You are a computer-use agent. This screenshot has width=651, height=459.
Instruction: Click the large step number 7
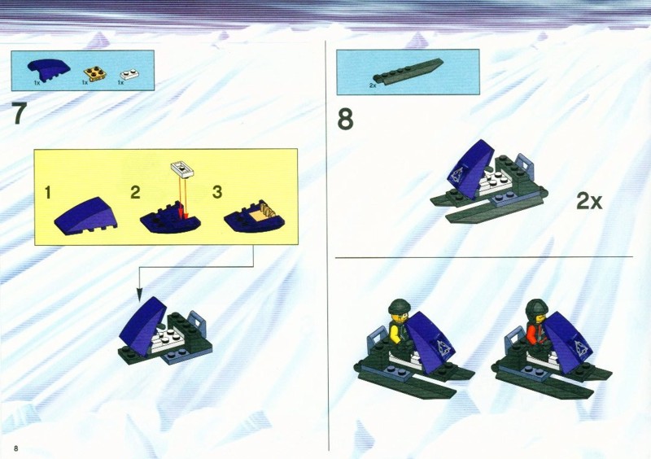click(19, 113)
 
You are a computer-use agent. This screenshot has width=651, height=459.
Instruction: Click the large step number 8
click(345, 119)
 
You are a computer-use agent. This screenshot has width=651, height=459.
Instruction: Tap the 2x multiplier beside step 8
click(589, 201)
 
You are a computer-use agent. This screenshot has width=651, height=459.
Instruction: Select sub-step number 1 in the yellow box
click(48, 192)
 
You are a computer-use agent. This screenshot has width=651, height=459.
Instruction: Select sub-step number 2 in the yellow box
click(135, 192)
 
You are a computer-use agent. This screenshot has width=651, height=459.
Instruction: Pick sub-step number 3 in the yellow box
click(217, 192)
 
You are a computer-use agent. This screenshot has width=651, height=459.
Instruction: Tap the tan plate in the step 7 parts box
click(94, 73)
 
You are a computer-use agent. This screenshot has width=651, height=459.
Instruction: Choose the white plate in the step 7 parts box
click(129, 74)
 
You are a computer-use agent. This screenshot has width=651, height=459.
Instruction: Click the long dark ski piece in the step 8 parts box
click(408, 72)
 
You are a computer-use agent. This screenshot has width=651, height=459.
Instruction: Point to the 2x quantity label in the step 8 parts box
click(373, 85)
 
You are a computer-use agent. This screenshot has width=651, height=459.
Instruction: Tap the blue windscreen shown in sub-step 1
click(85, 216)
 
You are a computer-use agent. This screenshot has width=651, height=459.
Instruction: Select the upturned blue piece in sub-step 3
click(255, 216)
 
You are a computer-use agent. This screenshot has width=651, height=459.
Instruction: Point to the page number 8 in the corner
click(15, 448)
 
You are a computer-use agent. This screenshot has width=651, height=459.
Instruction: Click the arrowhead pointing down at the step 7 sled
click(139, 295)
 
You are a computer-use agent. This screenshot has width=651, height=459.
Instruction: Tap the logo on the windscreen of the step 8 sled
click(457, 176)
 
